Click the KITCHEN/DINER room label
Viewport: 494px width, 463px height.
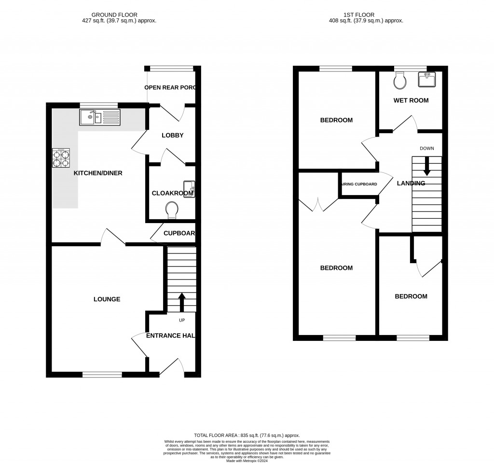click(x=98, y=173)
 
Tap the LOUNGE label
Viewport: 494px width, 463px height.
click(x=107, y=299)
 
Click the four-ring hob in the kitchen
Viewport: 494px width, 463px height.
click(x=61, y=158)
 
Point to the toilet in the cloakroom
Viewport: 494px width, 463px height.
click(x=171, y=210)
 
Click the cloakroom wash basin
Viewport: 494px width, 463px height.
click(x=189, y=189)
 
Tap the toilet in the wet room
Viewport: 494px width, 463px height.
click(x=399, y=81)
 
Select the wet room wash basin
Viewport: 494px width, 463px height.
click(x=426, y=80)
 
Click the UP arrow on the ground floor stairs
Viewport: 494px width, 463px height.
click(x=181, y=303)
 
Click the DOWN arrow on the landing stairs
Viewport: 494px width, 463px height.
click(x=426, y=167)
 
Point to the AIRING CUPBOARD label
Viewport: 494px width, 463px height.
click(x=359, y=184)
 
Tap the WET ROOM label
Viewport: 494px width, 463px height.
click(x=410, y=100)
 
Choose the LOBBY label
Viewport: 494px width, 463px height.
click(x=172, y=135)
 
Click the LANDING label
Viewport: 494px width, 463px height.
click(x=411, y=183)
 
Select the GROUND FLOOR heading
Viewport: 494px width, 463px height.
click(x=119, y=15)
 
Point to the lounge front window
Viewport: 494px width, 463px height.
click(x=102, y=374)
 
